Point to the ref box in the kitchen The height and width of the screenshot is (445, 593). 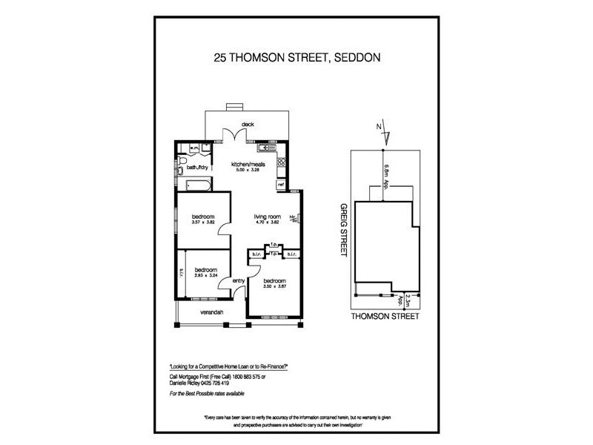[x=280, y=182]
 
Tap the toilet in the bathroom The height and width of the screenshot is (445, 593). [x=182, y=160]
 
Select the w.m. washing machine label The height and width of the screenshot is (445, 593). [x=194, y=148]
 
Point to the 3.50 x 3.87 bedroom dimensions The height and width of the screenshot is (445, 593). [x=274, y=286]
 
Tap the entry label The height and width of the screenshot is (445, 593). [x=239, y=281]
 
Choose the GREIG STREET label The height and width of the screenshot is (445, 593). [x=342, y=229]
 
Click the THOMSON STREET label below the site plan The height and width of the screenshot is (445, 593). [x=385, y=316]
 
